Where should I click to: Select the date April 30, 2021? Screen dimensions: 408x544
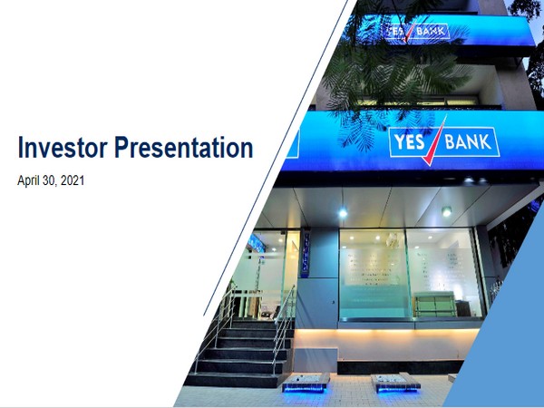[x=51, y=180]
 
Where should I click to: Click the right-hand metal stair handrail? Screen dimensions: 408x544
[x=284, y=317]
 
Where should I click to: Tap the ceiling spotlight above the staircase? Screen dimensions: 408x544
[x=343, y=212]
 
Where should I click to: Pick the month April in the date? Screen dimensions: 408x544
[x=31, y=180]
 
